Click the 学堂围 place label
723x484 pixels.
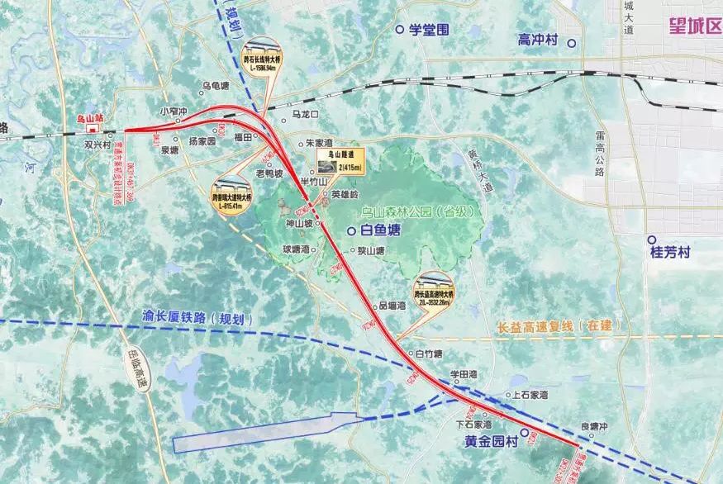(429, 30)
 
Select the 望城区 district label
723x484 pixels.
(695, 26)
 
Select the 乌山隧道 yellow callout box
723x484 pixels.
(341, 160)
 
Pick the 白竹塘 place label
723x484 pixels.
(429, 354)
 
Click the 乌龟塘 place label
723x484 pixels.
(215, 86)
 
